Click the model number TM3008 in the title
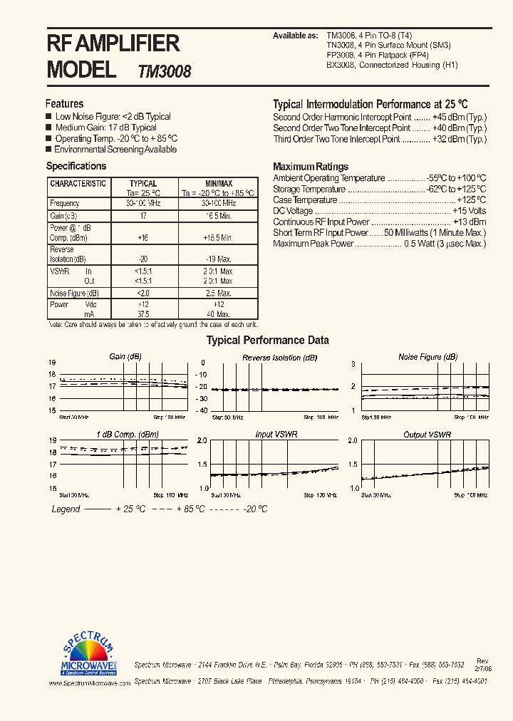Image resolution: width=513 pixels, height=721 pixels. point(164,71)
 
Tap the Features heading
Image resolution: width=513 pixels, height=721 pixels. point(64,104)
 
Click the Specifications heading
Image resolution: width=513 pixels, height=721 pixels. point(76,166)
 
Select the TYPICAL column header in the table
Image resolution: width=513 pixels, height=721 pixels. point(143,184)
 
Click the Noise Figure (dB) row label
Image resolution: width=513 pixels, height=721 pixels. point(73,294)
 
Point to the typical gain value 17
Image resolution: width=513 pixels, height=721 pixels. point(143,215)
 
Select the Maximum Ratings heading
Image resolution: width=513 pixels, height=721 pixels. point(311,167)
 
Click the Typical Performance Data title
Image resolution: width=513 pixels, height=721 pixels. point(267,341)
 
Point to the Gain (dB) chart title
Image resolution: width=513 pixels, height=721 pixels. point(125,357)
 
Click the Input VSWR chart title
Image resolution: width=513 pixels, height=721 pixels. point(276,435)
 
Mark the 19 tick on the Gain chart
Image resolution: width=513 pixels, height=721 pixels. point(52,363)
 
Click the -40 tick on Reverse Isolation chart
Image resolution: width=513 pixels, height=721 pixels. point(200,410)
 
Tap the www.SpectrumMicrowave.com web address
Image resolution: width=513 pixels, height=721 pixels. point(90,683)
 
